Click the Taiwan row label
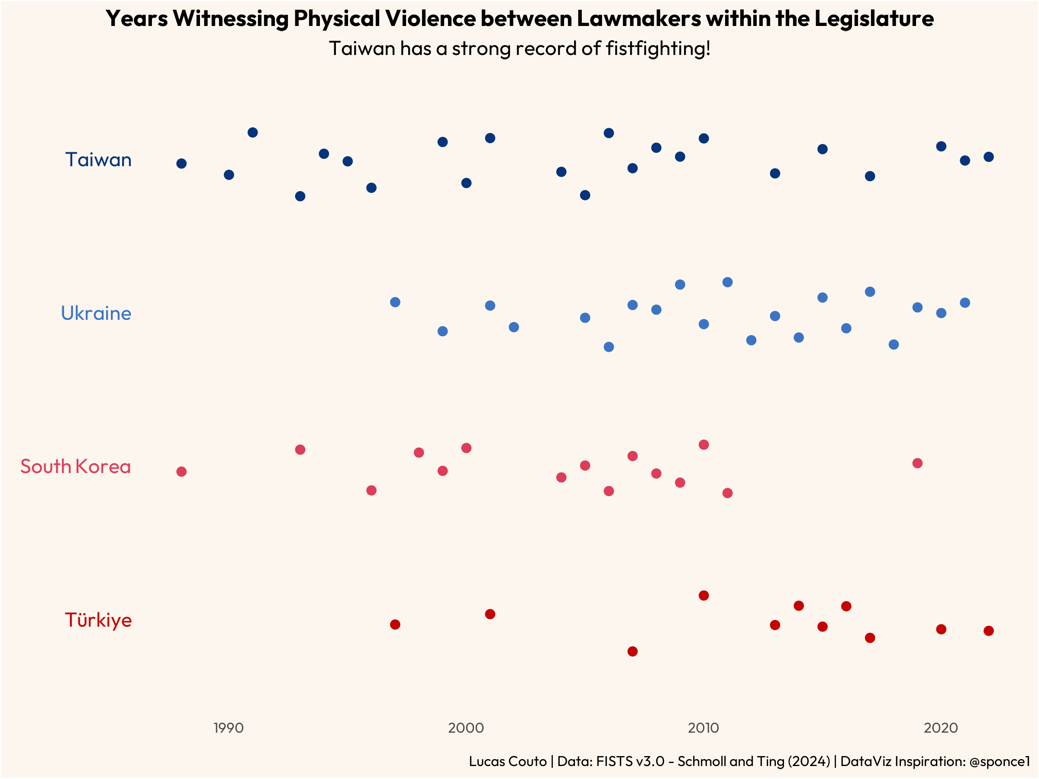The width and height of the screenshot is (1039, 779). click(x=98, y=160)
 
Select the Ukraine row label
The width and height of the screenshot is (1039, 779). click(x=96, y=314)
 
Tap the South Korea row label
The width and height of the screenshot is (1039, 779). click(x=75, y=467)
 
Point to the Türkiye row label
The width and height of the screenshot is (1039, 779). click(x=98, y=620)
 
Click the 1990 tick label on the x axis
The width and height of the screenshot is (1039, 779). click(x=228, y=728)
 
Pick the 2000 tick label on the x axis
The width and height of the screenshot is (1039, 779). click(x=465, y=728)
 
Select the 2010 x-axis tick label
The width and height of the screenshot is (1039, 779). click(x=703, y=728)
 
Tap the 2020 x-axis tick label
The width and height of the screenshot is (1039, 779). click(x=940, y=728)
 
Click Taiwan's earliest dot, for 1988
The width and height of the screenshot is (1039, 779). click(x=181, y=164)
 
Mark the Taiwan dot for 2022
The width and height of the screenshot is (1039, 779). click(x=988, y=157)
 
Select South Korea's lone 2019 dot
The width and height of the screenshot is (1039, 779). click(x=917, y=464)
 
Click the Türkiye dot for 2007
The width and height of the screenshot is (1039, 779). click(x=632, y=651)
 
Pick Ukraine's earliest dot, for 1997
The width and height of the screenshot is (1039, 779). click(x=395, y=302)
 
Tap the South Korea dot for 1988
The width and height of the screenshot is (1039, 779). click(x=181, y=471)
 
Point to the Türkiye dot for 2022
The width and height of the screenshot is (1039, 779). click(x=988, y=631)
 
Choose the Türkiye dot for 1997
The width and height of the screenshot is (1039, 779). click(x=395, y=624)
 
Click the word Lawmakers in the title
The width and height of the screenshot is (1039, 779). click(x=639, y=19)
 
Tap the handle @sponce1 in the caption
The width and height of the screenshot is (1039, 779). click(x=999, y=761)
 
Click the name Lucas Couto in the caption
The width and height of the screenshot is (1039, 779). click(x=507, y=761)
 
